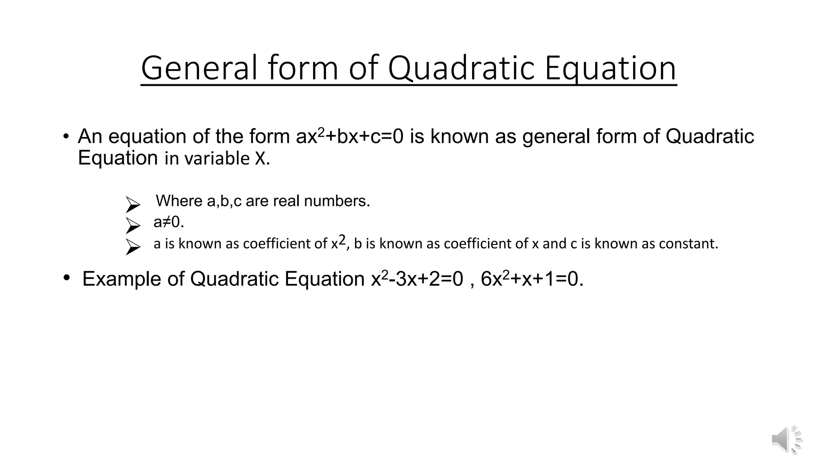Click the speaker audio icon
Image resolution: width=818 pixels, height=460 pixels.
(786, 439)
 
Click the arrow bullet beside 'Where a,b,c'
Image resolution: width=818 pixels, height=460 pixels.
(133, 204)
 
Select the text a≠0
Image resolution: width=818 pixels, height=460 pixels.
(169, 222)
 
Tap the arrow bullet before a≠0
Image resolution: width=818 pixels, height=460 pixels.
(133, 226)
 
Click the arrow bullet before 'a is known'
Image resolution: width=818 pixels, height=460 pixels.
(133, 247)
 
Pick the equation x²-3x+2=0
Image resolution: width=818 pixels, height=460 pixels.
(417, 278)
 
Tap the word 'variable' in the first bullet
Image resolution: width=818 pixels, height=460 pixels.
(217, 159)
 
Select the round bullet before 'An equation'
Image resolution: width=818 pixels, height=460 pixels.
(66, 137)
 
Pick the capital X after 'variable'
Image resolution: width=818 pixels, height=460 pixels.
(260, 159)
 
